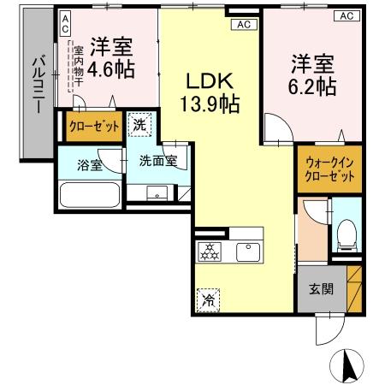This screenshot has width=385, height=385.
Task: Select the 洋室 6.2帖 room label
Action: [x=312, y=74]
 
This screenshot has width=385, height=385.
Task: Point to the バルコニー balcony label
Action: [x=38, y=86]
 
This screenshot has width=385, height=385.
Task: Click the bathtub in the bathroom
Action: [x=89, y=196]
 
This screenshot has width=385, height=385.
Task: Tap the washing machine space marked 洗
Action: [x=139, y=125]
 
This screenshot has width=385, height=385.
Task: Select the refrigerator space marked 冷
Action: [x=208, y=300]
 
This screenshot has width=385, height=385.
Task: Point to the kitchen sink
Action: [x=249, y=252]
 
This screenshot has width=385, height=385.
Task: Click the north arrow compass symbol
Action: [x=349, y=366]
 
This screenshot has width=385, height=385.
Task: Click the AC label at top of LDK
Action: [x=242, y=24]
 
